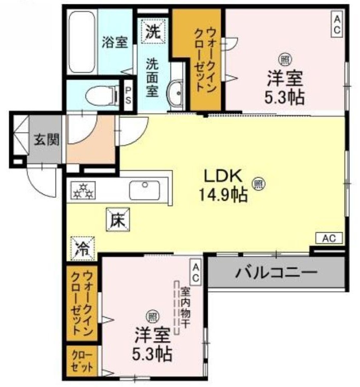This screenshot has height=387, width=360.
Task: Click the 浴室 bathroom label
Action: [115, 43]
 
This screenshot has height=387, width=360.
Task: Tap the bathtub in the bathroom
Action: [83, 42]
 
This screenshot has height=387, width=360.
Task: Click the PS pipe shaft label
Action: [129, 94]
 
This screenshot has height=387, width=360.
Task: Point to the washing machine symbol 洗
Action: [153, 31]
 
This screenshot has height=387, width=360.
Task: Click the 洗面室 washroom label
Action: [153, 77]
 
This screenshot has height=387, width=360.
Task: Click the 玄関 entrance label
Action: [46, 140]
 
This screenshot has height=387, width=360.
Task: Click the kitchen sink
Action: [144, 189]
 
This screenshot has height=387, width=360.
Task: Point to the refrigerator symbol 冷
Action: [83, 248]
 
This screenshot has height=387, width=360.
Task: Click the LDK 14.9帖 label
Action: [222, 186]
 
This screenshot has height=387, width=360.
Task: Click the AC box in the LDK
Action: [329, 238]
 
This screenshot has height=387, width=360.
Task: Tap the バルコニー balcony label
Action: [276, 273]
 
